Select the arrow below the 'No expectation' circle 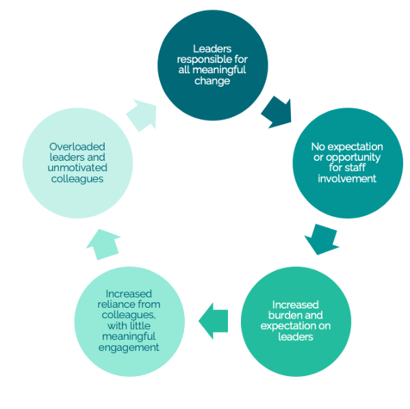pos(321,239)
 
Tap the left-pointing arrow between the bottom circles pos(214,321)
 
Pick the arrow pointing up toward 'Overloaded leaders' pos(103,244)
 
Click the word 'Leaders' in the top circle pos(212,49)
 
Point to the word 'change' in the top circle pos(212,81)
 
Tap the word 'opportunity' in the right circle pos(353,157)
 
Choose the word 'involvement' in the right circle pos(347,179)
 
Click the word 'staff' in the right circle pos(356,168)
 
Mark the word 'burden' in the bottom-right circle pos(283,315)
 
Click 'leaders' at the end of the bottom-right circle pos(296,337)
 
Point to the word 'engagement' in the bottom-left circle pos(129,348)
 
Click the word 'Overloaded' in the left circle pos(77,147)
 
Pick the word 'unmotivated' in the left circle pos(77,168)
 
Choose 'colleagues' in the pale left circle pos(77,179)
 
